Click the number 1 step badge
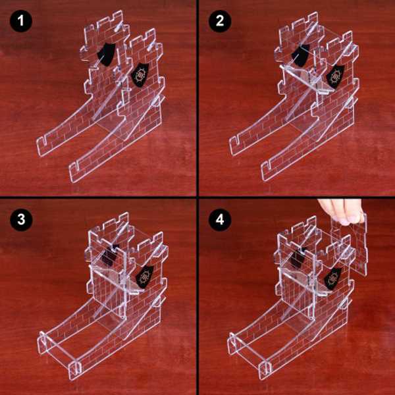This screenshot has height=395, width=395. [x=22, y=22]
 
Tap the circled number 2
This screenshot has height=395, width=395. [x=220, y=22]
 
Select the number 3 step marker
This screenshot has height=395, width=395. [x=22, y=220]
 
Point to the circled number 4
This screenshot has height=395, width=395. [x=220, y=220]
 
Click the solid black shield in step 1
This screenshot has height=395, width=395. [x=105, y=55]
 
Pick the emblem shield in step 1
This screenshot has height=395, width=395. [x=141, y=74]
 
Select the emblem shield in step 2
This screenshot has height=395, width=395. [x=336, y=74]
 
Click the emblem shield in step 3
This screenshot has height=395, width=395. [x=145, y=276]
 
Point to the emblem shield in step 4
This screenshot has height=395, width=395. [x=333, y=277]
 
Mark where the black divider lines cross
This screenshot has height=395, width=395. [x=197, y=197]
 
